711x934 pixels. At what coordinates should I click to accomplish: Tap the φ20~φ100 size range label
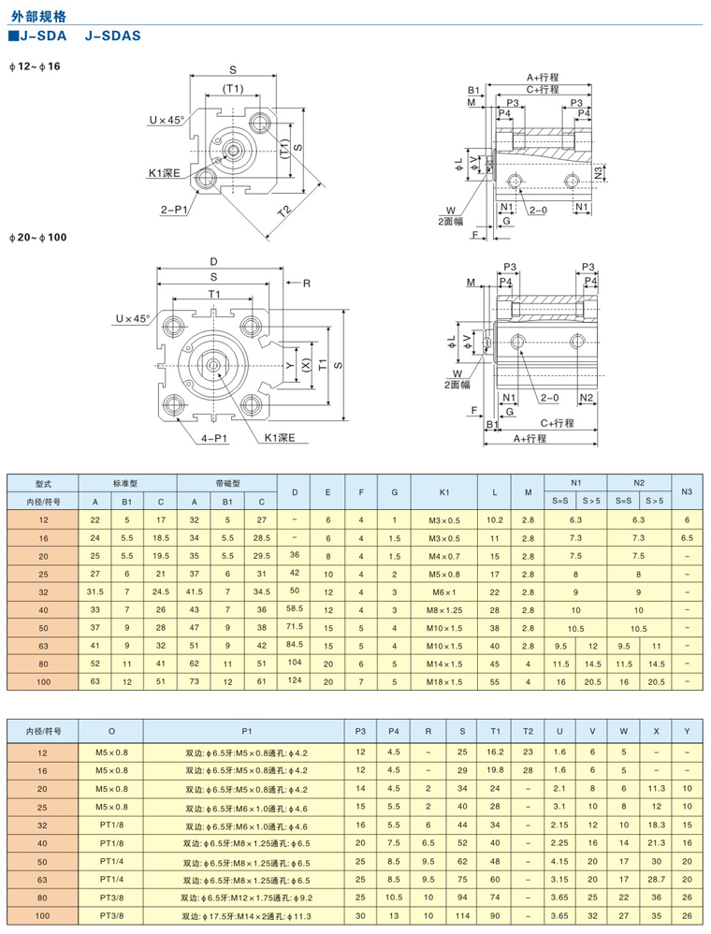(38, 237)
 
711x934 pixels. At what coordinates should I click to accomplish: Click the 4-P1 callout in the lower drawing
(212, 436)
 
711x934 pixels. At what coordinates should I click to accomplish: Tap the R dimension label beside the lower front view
(306, 282)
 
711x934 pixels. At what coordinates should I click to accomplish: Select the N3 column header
(687, 491)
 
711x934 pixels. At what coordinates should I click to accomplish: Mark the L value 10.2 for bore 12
(495, 518)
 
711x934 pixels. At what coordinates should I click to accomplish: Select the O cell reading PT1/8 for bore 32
(112, 825)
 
